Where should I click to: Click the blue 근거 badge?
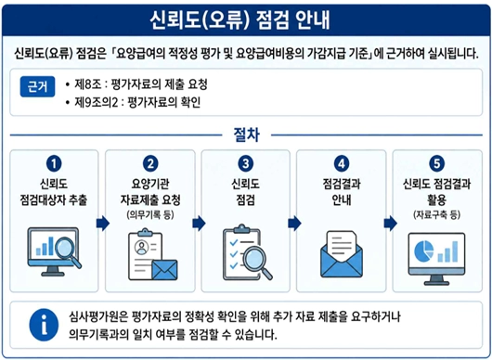(37, 86)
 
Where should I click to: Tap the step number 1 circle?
(54, 163)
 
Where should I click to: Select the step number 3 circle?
(245, 163)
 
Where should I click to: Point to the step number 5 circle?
(437, 163)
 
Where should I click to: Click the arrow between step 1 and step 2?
(103, 224)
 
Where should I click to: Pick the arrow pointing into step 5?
(391, 224)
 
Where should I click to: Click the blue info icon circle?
(44, 325)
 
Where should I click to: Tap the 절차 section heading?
(246, 135)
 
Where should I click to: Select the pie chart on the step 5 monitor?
(423, 251)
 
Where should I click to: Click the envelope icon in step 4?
(342, 254)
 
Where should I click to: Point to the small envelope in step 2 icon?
(164, 270)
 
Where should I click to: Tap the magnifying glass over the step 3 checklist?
(258, 262)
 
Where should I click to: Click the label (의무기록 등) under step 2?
(150, 215)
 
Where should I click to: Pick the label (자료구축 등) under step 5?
(437, 215)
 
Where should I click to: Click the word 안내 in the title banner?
(313, 20)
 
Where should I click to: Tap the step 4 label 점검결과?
(342, 184)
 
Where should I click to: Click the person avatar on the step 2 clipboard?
(141, 247)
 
